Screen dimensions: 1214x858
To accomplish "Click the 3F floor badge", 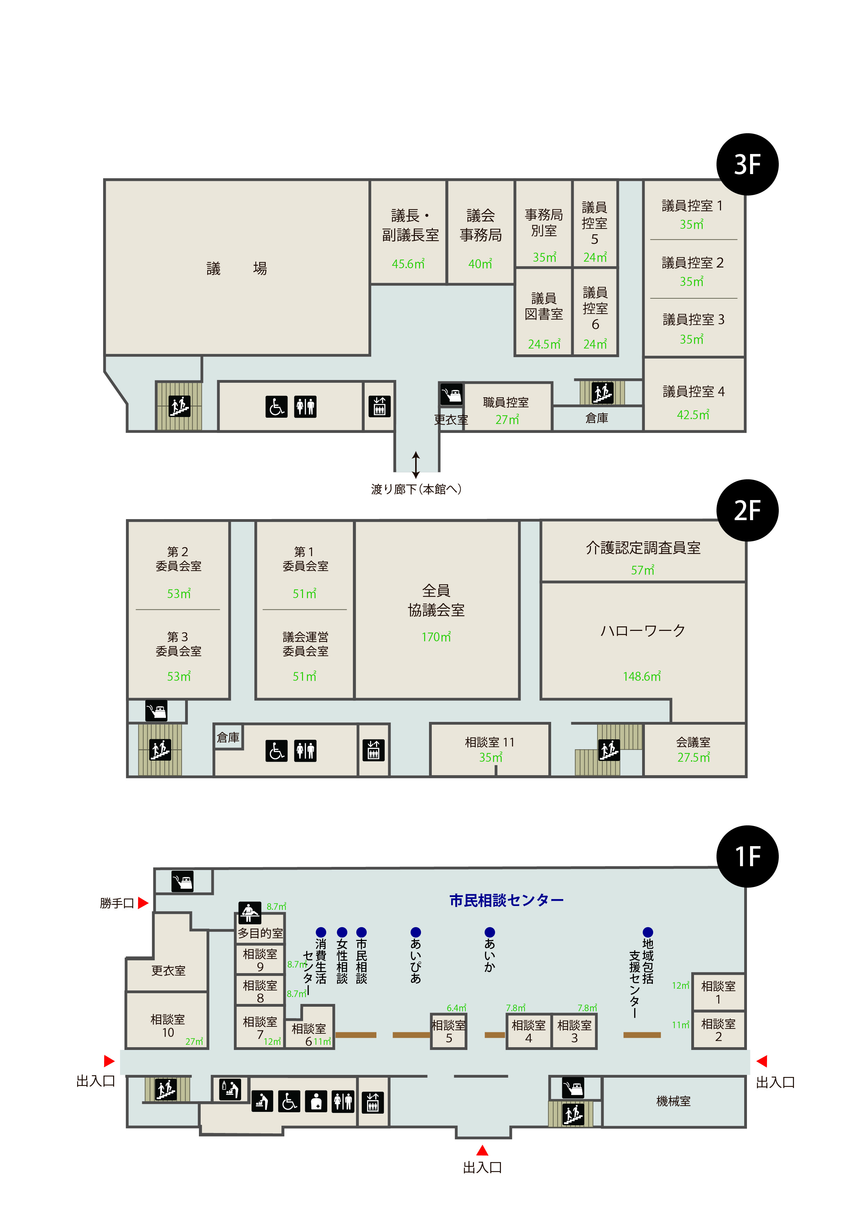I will (747, 164).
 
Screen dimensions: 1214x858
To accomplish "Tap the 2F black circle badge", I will (747, 510).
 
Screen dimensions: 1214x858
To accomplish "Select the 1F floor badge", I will (747, 856).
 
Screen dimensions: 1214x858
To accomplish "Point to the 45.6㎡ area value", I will (408, 264).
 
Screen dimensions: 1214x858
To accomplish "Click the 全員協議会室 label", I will (436, 600).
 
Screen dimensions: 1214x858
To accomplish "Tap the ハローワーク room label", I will (642, 630).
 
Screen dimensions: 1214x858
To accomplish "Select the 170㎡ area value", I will (436, 637).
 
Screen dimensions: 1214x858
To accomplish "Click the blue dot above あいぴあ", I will (416, 932).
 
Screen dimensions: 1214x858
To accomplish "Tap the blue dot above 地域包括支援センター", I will (648, 932).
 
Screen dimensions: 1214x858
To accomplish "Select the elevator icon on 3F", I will (380, 406).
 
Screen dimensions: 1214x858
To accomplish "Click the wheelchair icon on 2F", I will (276, 751).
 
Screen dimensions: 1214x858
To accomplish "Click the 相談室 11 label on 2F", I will (490, 742).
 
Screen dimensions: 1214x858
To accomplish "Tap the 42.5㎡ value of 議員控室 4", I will (693, 415).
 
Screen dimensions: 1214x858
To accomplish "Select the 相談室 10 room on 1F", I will (167, 1025).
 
